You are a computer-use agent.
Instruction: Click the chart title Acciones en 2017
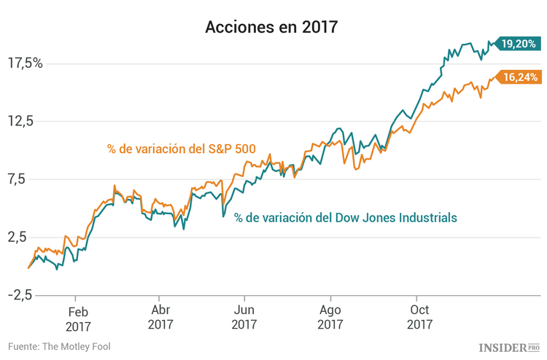[x=271, y=27]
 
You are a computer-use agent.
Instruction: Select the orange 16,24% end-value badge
[x=519, y=77]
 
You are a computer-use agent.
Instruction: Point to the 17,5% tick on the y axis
[x=26, y=63]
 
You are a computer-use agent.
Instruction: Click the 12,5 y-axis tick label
[x=22, y=121]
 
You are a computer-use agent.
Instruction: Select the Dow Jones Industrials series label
[x=345, y=217]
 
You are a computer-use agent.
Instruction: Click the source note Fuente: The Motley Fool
[x=60, y=346]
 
